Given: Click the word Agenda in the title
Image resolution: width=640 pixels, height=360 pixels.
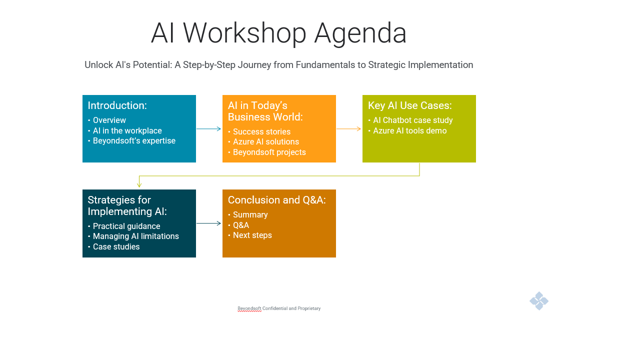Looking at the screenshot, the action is tap(360, 33).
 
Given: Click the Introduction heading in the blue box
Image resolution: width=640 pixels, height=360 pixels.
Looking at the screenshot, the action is tap(117, 105).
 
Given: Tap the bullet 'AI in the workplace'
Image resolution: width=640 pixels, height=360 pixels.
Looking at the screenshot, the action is tap(127, 130).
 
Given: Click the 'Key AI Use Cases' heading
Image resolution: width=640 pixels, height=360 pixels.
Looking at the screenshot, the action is tap(409, 105).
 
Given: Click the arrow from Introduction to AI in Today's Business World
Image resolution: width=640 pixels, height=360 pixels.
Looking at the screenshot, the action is tap(209, 129).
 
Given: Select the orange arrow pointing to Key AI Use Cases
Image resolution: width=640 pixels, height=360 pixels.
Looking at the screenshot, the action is tap(349, 129).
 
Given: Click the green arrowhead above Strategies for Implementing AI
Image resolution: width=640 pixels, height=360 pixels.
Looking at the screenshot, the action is tap(139, 185).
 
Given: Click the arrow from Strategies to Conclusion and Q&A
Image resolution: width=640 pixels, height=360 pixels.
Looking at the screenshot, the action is tap(209, 223).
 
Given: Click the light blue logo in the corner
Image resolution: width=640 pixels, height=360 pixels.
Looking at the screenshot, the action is tap(539, 301).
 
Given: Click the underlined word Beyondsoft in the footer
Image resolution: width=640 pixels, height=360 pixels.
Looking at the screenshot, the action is tap(249, 308).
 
